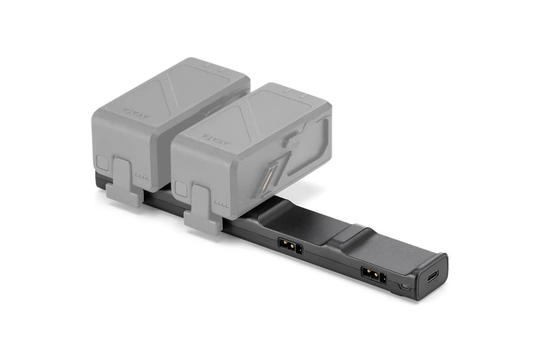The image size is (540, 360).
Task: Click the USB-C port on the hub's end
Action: (432, 276)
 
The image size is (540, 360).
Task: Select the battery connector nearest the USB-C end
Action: (373, 274)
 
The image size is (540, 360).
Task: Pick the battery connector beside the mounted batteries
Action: (291, 247)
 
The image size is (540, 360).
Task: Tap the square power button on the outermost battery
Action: (103, 163)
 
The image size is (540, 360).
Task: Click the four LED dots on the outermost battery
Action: (142, 177)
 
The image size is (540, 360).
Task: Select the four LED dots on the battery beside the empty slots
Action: (222, 203)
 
